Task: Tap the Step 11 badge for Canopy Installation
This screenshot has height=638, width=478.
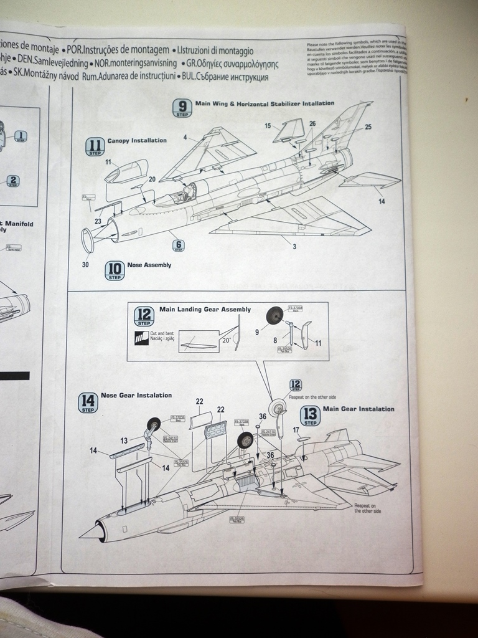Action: pyautogui.click(x=95, y=146)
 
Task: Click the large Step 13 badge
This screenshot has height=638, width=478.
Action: pyautogui.click(x=310, y=416)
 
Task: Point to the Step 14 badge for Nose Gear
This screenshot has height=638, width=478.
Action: pyautogui.click(x=88, y=402)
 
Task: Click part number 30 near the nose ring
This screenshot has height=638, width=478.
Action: pyautogui.click(x=85, y=265)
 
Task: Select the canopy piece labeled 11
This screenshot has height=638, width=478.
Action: pyautogui.click(x=126, y=171)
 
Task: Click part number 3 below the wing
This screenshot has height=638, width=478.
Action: pyautogui.click(x=294, y=247)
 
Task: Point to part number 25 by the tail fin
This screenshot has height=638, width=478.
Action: pyautogui.click(x=368, y=127)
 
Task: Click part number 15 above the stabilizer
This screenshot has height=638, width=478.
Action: pyautogui.click(x=268, y=126)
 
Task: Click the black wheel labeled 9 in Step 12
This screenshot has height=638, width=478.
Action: pyautogui.click(x=274, y=316)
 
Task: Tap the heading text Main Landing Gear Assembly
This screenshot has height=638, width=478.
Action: pyautogui.click(x=205, y=309)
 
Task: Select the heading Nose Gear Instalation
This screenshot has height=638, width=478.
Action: pyautogui.click(x=136, y=395)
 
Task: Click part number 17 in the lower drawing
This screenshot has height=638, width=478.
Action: pyautogui.click(x=296, y=429)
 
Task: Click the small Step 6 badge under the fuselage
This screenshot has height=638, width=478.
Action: pyautogui.click(x=179, y=245)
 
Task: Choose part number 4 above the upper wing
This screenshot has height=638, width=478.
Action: pyautogui.click(x=185, y=136)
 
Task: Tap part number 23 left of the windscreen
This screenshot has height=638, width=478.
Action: pyautogui.click(x=98, y=221)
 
